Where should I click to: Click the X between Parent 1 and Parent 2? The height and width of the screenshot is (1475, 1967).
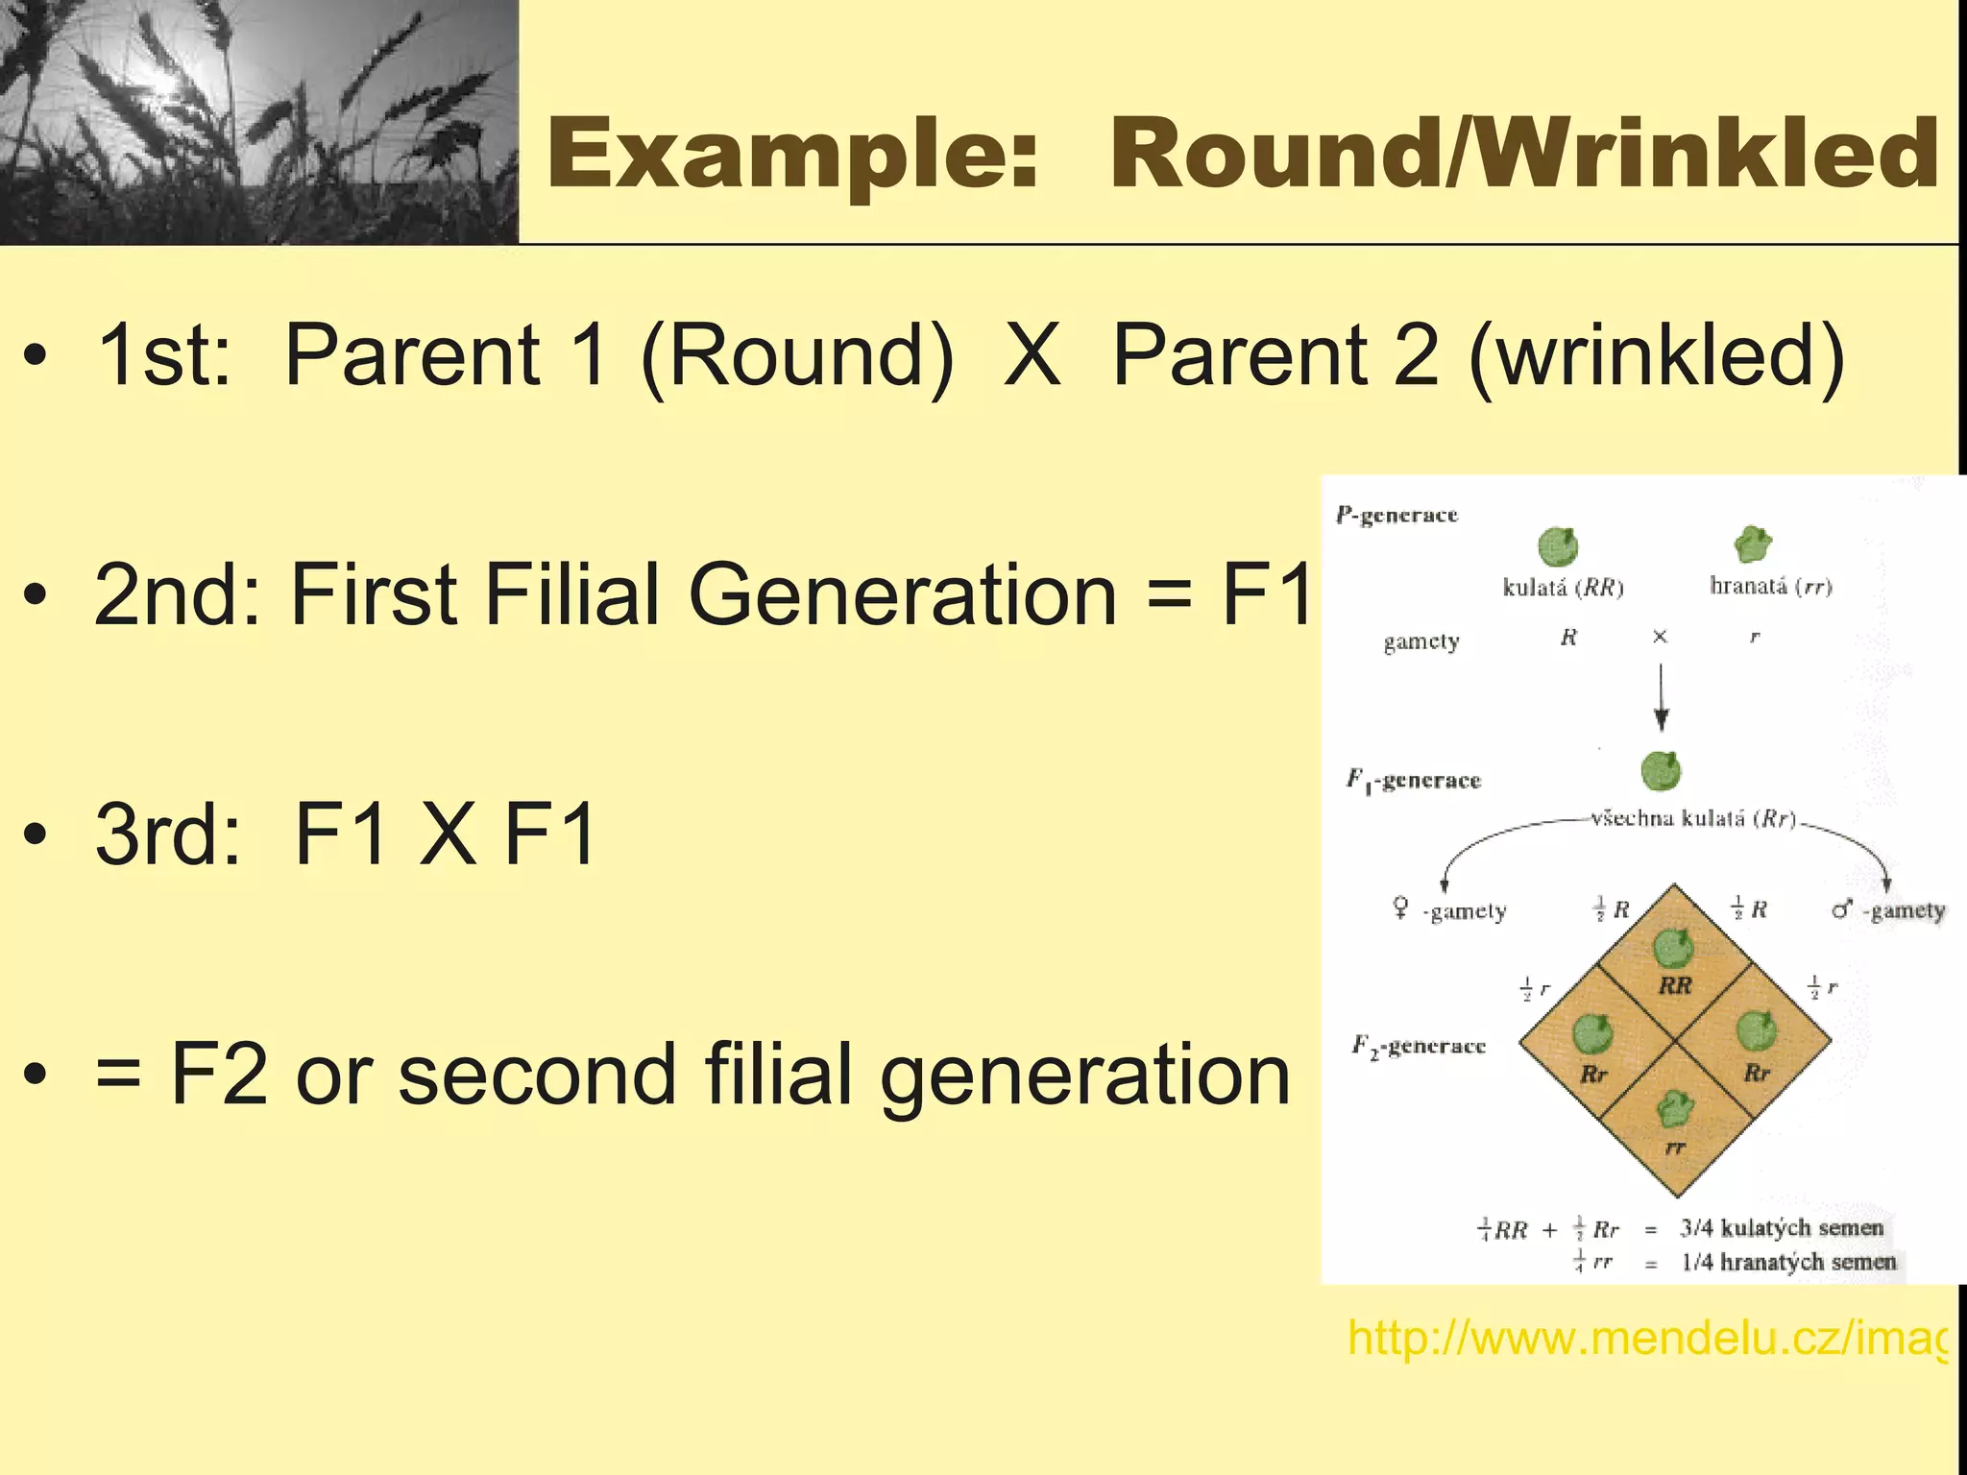pos(1032,355)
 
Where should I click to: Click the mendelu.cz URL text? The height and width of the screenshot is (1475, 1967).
pos(1646,1338)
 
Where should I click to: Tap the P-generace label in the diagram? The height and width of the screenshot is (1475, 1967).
pos(1396,516)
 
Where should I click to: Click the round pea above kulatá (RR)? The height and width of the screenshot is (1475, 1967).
pos(1557,547)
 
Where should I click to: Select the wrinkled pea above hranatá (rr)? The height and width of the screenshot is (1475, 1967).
pos(1753,544)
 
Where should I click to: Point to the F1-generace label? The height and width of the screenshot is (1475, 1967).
pos(1413,780)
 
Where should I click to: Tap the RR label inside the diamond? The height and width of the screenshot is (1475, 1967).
pos(1675,985)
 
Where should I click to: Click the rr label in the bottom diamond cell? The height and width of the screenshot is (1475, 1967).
pos(1674,1147)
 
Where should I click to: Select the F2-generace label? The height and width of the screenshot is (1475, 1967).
pos(1418,1046)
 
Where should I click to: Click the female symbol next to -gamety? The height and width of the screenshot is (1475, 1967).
pos(1401,907)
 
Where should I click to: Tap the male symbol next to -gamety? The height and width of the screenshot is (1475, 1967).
pos(1841,908)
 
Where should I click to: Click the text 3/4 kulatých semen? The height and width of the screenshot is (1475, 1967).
pos(1781,1227)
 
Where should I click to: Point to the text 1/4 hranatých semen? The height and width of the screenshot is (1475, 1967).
pos(1787,1262)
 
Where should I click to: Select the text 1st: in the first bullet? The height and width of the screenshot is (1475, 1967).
pos(163,355)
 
